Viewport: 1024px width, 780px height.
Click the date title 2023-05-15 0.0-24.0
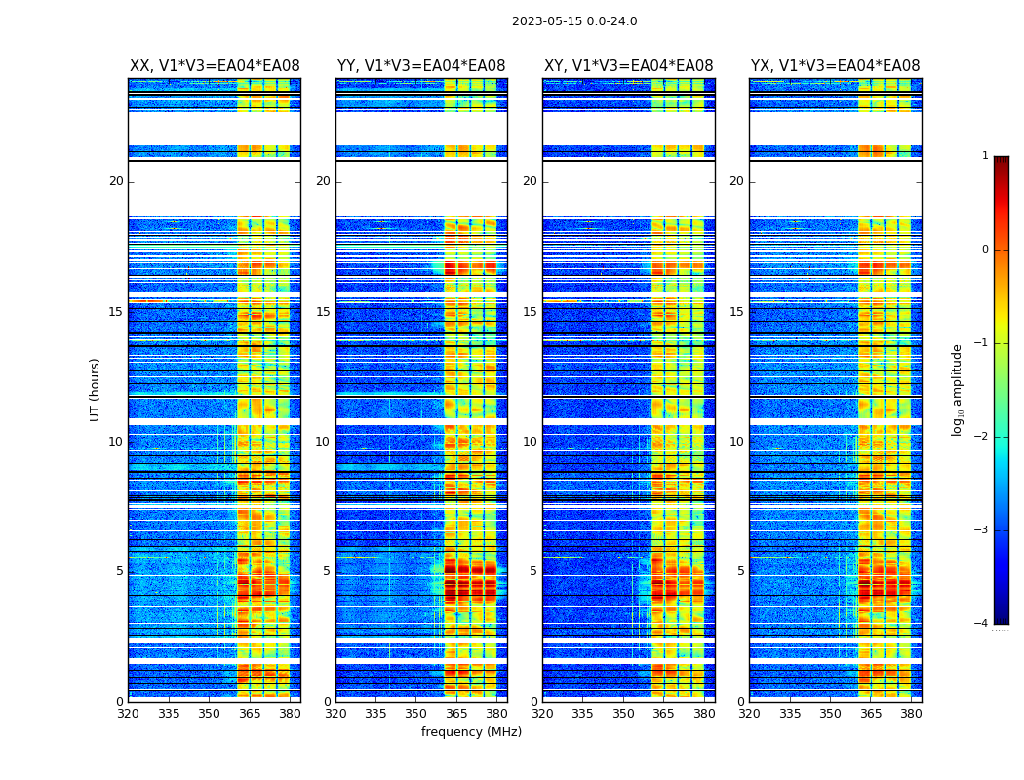(x=574, y=21)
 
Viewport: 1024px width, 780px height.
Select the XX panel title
(x=215, y=66)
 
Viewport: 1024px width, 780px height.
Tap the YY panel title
(x=421, y=66)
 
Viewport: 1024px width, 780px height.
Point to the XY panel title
(x=628, y=66)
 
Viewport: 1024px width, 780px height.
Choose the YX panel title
(x=835, y=66)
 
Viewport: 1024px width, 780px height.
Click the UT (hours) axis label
(x=95, y=389)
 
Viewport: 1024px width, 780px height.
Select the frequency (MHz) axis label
(x=471, y=732)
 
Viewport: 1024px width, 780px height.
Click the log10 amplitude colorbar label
(x=957, y=389)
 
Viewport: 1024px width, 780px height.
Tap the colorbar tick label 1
(x=984, y=156)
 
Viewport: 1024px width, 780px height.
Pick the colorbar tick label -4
(x=982, y=624)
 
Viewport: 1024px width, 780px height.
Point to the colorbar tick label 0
(x=984, y=250)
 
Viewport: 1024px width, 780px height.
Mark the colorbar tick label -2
(x=982, y=437)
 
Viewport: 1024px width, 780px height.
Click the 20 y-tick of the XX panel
(x=116, y=181)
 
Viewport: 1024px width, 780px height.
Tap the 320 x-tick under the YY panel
(x=335, y=714)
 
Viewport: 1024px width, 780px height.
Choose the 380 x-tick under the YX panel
(x=911, y=714)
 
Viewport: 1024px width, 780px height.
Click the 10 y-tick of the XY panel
(x=530, y=442)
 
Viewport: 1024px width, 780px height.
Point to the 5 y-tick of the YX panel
(x=740, y=571)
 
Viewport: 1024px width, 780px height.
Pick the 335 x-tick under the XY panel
(x=582, y=714)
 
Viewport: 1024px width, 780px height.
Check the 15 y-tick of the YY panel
(x=323, y=312)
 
